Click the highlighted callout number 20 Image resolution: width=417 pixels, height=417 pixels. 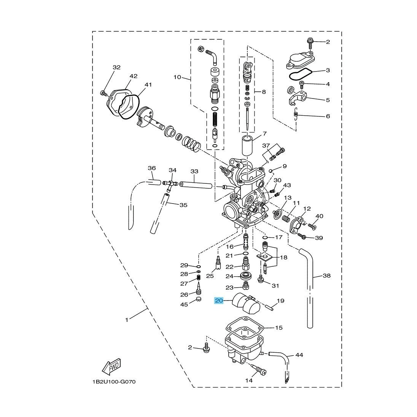(x=219, y=301)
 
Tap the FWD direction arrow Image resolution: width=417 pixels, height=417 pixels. (x=111, y=367)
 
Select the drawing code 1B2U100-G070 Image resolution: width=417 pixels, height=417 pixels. (x=114, y=382)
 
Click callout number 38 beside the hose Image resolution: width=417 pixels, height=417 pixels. (x=326, y=275)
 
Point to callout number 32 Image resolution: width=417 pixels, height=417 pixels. (x=116, y=67)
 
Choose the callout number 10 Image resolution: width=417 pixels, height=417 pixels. (x=177, y=77)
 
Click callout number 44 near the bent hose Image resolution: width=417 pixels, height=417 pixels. (x=299, y=355)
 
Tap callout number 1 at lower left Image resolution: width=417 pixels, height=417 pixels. (x=127, y=320)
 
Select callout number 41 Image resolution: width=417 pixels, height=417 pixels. (x=148, y=84)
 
